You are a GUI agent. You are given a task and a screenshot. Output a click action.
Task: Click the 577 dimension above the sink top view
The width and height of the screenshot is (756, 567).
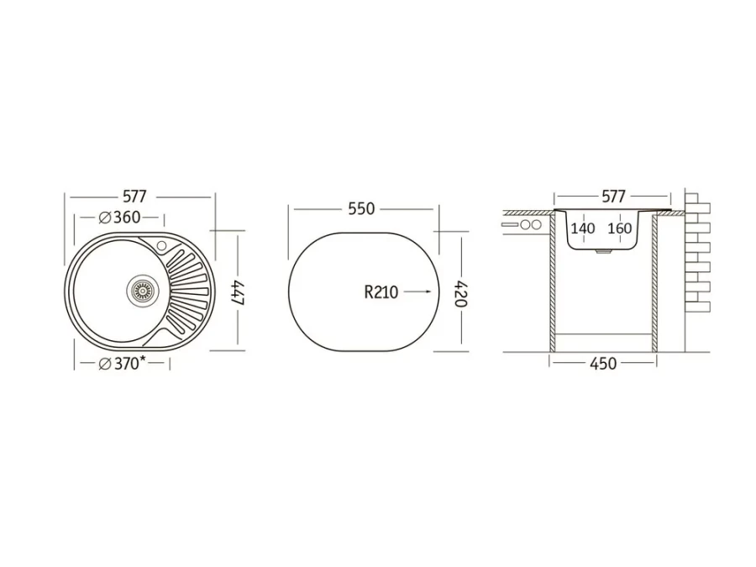tap(134, 197)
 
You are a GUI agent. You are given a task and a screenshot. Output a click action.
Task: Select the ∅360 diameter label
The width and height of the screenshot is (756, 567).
tap(119, 218)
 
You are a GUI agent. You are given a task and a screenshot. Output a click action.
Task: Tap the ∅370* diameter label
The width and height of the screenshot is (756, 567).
tap(122, 363)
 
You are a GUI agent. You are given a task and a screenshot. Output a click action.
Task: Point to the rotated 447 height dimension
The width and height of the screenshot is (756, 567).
tap(238, 292)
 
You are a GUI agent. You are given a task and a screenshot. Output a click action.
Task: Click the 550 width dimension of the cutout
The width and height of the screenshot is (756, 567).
tap(361, 209)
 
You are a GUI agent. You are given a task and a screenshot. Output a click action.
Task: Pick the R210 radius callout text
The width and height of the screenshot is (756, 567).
tap(381, 292)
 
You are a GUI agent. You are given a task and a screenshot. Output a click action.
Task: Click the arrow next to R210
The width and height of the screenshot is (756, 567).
tap(417, 291)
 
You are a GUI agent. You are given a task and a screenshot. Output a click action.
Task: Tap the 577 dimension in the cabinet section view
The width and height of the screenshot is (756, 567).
tap(613, 197)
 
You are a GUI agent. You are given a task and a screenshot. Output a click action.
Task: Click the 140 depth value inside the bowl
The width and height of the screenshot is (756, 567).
tap(583, 228)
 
